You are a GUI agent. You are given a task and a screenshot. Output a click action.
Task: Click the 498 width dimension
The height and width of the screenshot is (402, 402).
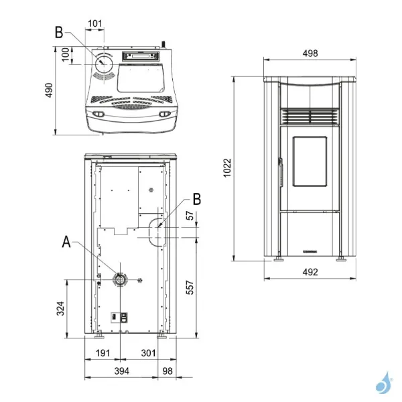310,54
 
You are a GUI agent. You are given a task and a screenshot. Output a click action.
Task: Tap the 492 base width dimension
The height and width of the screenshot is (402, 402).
310,272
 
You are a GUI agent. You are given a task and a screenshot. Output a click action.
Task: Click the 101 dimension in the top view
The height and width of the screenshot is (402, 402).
95,25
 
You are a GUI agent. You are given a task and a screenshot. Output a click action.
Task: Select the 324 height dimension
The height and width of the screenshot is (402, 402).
61,308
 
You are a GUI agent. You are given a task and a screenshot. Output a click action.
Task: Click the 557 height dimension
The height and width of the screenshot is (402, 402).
190,287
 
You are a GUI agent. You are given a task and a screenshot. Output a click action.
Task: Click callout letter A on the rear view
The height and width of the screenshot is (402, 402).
66,241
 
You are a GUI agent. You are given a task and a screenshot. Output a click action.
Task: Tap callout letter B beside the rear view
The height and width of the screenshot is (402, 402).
196,199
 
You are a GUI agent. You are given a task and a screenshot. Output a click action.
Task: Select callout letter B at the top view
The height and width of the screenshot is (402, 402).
58,32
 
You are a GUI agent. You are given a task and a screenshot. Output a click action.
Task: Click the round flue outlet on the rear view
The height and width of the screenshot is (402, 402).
121,279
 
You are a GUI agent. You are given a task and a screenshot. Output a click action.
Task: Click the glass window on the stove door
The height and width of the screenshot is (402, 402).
308,162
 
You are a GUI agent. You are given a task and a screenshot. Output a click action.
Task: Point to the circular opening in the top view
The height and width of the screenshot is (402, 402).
105,64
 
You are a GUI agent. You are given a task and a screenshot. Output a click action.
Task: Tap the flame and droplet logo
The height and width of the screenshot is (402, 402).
384,383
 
